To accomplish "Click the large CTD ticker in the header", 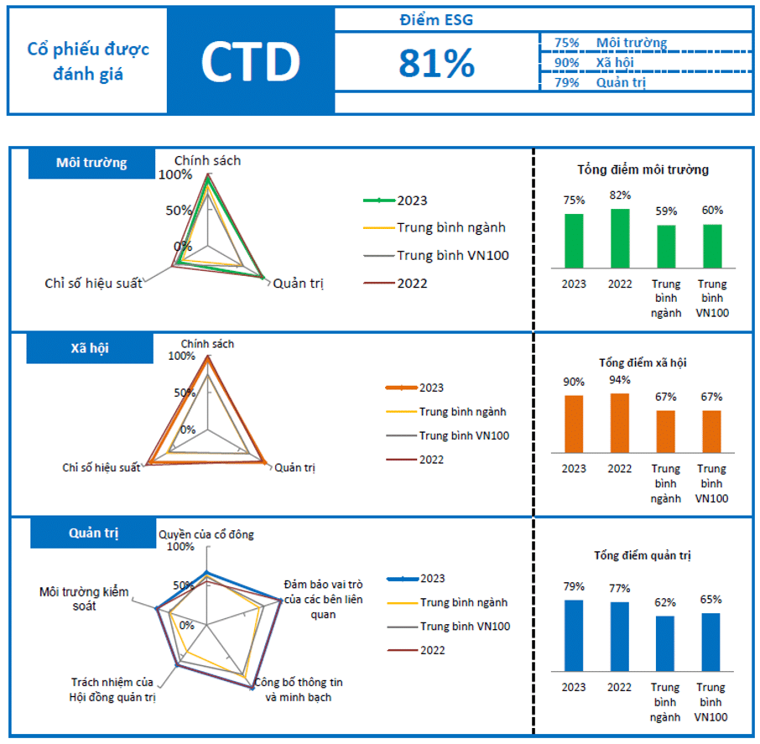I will (250, 61).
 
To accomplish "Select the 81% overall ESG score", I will (436, 63).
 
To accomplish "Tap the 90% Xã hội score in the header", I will (566, 62).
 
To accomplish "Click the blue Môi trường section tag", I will (91, 163).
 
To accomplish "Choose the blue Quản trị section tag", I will (92, 533).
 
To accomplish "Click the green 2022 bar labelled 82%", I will (620, 237).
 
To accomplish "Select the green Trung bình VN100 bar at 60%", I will (711, 246).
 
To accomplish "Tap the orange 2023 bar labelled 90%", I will (574, 424).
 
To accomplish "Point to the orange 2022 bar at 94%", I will (620, 423).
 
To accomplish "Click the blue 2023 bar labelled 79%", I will (574, 635).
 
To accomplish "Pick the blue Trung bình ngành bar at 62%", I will (665, 643).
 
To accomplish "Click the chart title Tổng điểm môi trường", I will (643, 169).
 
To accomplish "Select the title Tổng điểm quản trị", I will (642, 555).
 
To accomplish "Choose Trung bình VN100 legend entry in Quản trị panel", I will (449, 627).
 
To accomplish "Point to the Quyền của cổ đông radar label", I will (206, 534).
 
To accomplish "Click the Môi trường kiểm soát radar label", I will (84, 598).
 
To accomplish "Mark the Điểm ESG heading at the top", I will (436, 20).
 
